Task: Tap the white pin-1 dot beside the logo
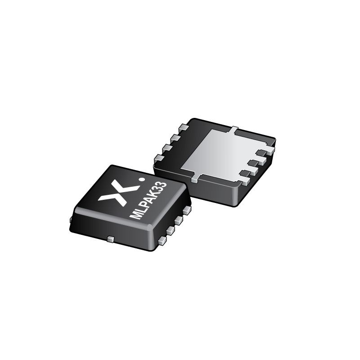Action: pos(143,180)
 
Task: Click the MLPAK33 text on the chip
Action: pos(149,200)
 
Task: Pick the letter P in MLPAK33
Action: pos(144,205)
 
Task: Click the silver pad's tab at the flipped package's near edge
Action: pos(194,179)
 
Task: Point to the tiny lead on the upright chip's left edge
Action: pos(71,219)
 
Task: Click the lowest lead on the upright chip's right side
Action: pos(162,241)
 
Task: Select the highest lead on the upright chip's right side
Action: pos(187,210)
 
